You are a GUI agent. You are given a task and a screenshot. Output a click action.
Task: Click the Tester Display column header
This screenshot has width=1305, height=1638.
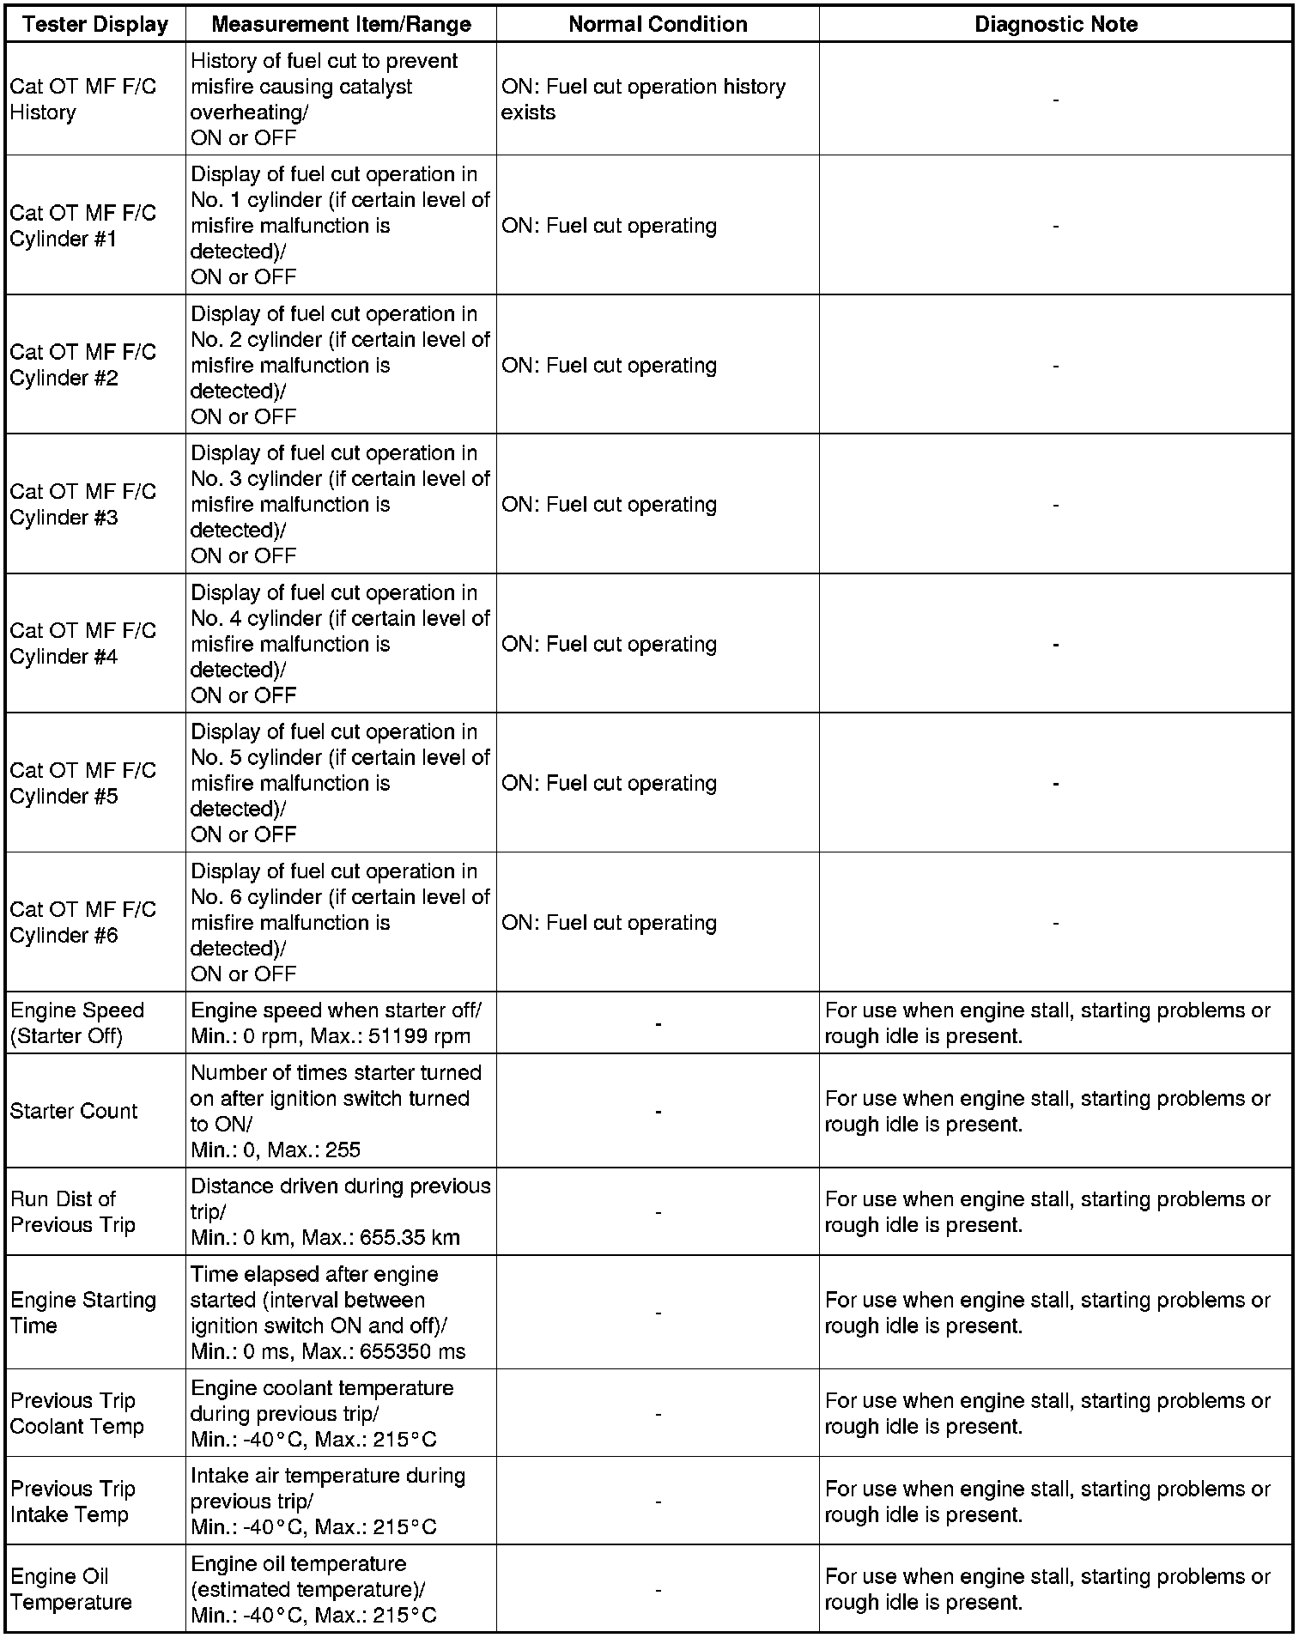point(95,24)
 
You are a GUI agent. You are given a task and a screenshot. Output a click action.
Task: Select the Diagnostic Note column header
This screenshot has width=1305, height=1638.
point(1055,24)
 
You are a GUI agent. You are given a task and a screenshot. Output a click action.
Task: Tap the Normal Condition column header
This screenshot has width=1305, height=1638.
point(658,24)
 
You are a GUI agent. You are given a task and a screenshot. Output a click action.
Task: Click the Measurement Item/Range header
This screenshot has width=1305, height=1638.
point(341,24)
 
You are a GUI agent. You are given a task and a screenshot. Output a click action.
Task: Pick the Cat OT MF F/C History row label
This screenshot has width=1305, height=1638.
point(82,100)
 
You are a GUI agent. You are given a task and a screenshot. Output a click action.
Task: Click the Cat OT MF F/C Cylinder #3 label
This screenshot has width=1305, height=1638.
point(82,504)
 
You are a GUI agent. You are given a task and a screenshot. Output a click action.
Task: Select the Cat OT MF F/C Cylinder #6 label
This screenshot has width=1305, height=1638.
point(82,922)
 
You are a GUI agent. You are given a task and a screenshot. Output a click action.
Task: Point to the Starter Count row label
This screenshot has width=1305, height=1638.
point(74,1111)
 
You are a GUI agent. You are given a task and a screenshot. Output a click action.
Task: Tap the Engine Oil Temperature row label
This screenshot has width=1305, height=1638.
point(71,1589)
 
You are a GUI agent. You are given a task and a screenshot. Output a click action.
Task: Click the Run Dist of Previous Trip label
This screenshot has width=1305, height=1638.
point(73,1211)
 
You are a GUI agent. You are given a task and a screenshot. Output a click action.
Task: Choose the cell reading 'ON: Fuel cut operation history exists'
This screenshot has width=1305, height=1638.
point(643,100)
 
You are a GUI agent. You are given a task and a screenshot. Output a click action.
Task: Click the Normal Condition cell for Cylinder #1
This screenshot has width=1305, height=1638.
point(609,226)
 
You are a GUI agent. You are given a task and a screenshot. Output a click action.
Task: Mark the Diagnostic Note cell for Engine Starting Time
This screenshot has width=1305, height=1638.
point(1047,1313)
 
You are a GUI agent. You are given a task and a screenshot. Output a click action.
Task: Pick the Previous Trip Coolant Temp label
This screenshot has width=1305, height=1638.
point(76,1413)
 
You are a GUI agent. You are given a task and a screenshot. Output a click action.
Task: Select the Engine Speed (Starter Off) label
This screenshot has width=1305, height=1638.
point(77,1023)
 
